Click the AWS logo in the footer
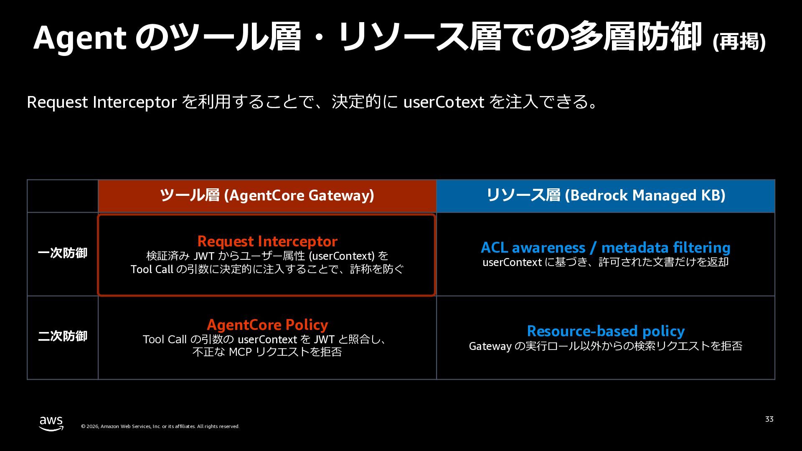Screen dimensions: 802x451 (51, 423)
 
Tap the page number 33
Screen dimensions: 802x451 (769, 419)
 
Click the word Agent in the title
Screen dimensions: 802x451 (80, 38)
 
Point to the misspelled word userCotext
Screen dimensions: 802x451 (444, 102)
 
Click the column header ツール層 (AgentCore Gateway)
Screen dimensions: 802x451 (267, 195)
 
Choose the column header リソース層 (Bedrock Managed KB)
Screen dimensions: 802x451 (606, 195)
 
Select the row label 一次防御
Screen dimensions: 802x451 (63, 253)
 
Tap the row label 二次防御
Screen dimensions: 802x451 (63, 336)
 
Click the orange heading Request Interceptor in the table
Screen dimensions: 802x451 (267, 241)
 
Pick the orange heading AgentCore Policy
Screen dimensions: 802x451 (267, 325)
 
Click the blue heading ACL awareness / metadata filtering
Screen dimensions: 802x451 (606, 248)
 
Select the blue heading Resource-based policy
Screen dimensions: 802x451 (606, 331)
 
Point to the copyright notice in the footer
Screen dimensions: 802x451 (160, 426)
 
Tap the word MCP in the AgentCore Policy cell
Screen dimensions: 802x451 (240, 352)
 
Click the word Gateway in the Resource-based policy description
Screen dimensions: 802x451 (490, 346)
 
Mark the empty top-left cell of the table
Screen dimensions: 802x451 (63, 196)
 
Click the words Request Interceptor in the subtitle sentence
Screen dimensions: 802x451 (102, 102)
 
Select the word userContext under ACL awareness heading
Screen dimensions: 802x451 (512, 262)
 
